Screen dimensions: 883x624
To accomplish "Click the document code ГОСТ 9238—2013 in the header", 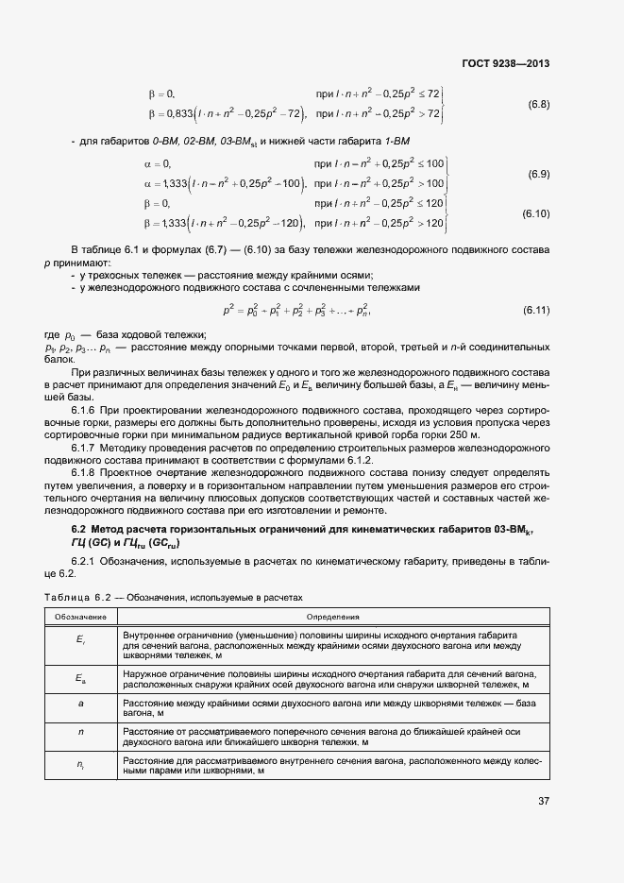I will click(506, 64).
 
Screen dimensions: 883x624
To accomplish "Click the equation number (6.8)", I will click(539, 103).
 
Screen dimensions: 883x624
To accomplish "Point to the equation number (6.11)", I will click(536, 310).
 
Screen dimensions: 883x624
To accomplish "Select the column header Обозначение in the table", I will click(81, 616).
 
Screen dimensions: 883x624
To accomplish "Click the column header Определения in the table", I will click(333, 616).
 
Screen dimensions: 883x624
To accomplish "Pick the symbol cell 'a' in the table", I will click(81, 704).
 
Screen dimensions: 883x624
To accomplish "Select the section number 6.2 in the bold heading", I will click(80, 530).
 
